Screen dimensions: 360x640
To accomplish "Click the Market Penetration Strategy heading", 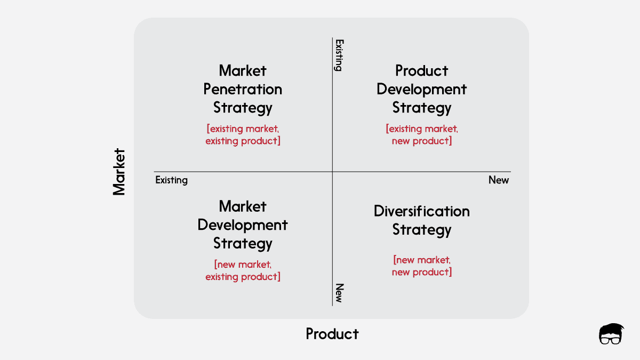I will (x=243, y=89).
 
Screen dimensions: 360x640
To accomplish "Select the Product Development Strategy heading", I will (x=421, y=89).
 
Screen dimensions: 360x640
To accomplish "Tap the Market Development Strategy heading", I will (x=243, y=225).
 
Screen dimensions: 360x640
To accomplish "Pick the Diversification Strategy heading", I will (x=421, y=220).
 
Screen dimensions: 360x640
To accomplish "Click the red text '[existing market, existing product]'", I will (x=243, y=135).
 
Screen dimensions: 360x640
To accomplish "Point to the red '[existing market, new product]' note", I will (x=421, y=135).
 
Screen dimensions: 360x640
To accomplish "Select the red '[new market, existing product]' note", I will (x=243, y=270).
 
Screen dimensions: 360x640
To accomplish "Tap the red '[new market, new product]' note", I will (x=421, y=266).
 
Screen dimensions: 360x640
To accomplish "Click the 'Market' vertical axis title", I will (x=119, y=172).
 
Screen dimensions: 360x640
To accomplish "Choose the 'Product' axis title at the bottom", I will (x=332, y=334).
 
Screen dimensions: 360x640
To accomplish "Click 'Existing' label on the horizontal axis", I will (x=171, y=180).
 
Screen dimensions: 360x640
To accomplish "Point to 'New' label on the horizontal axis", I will (x=499, y=180).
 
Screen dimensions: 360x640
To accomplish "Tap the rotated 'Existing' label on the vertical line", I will (x=338, y=54).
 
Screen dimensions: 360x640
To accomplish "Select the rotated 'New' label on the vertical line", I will (x=338, y=293).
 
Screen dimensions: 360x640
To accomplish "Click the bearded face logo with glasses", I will (x=611, y=334).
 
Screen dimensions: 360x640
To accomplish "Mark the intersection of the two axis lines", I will (x=332, y=172).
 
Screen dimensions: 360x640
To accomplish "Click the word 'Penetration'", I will (x=243, y=89).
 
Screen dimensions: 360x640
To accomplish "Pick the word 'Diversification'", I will (x=421, y=211).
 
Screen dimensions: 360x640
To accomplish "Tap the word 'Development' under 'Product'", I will (x=421, y=89).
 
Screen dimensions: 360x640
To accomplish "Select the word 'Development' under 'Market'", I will (x=243, y=225).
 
